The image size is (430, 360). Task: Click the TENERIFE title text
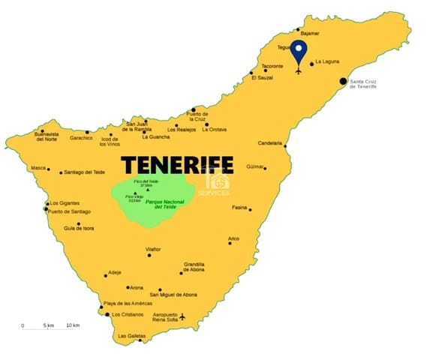click(177, 164)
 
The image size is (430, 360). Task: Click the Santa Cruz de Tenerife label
click(367, 84)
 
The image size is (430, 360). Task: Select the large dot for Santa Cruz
click(343, 80)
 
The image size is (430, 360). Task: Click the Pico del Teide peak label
click(147, 184)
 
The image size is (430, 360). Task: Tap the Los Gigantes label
click(64, 203)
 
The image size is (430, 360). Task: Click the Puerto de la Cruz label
click(197, 115)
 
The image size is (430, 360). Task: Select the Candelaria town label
click(269, 143)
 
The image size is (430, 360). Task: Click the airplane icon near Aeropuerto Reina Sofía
click(182, 316)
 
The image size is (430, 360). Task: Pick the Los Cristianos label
click(128, 315)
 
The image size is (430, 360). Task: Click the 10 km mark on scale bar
click(73, 325)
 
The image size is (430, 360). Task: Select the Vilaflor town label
click(153, 248)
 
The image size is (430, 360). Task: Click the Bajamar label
click(309, 34)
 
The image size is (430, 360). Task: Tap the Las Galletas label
click(132, 336)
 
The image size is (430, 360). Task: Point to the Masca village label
click(38, 168)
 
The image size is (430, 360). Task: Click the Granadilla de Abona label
click(194, 267)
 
